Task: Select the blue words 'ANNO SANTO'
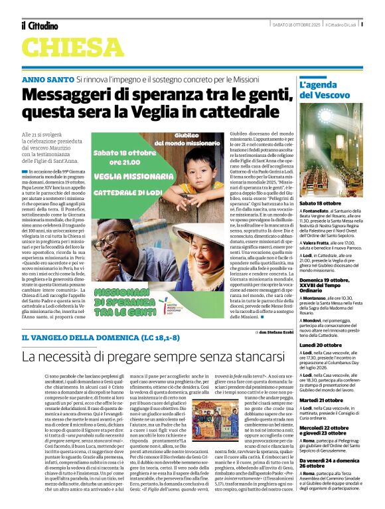[x=47, y=78]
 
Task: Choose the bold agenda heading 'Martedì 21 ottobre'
[x=321, y=400]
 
